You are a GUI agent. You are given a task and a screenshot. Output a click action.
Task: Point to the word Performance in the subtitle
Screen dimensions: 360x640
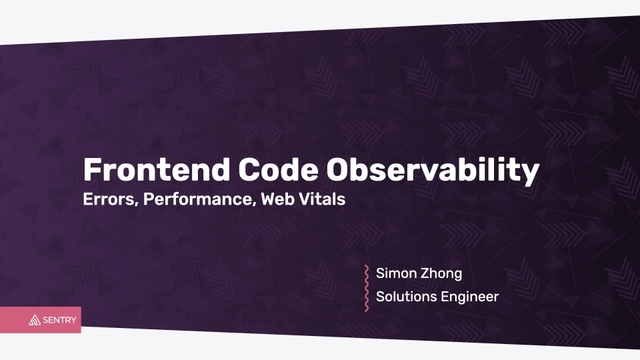coord(198,198)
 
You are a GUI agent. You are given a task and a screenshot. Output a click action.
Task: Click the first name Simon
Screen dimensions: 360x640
coord(397,272)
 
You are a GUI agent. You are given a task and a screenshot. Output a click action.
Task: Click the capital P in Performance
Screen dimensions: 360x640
coord(149,198)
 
